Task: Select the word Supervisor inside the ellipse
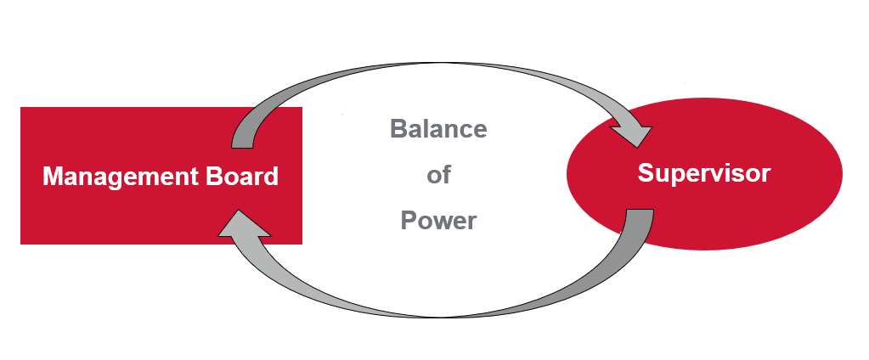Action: tap(703, 173)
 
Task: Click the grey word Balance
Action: tap(438, 129)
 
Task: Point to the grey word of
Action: tap(438, 176)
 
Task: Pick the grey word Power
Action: tap(438, 221)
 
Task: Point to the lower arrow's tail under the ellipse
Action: tap(640, 222)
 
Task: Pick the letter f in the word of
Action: tap(446, 176)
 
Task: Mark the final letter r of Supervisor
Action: tap(766, 173)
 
